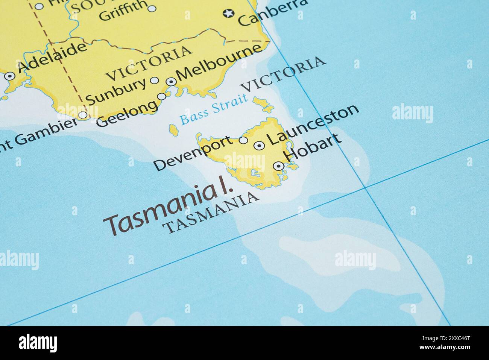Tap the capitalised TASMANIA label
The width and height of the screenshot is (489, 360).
pyautogui.click(x=211, y=212)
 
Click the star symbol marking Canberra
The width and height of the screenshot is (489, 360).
pyautogui.click(x=228, y=14)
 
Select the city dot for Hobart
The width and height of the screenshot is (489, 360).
pyautogui.click(x=278, y=166)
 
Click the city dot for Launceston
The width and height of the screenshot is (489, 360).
pyautogui.click(x=259, y=146)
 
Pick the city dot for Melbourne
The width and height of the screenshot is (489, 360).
pyautogui.click(x=171, y=81)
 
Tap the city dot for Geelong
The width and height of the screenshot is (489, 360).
pyautogui.click(x=162, y=96)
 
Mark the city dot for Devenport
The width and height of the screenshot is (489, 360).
pyautogui.click(x=244, y=140)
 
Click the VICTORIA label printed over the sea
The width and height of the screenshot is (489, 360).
pyautogui.click(x=283, y=74)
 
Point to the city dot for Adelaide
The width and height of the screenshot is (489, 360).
pyautogui.click(x=9, y=76)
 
